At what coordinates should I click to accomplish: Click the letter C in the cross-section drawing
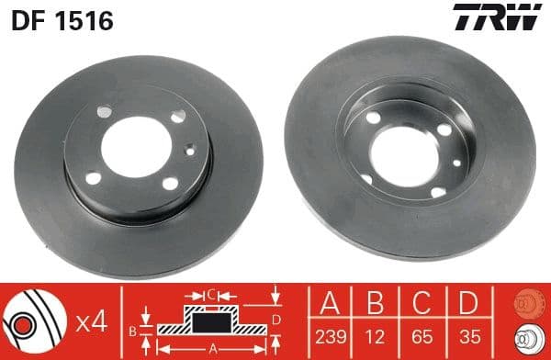coord(210,294)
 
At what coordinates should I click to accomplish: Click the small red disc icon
coord(525,301)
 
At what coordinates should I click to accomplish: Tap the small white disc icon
coord(525,338)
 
